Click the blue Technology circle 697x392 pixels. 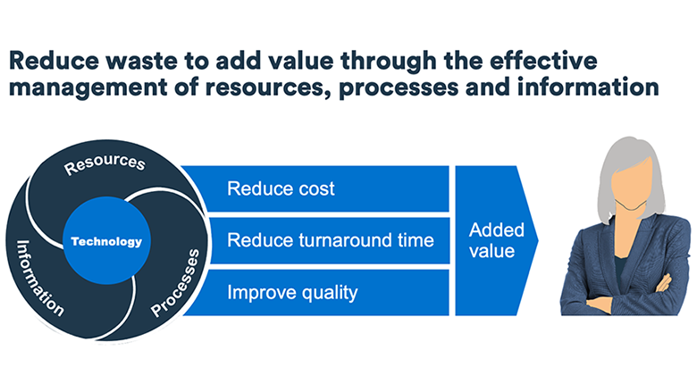click(x=106, y=240)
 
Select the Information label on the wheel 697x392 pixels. click(x=39, y=279)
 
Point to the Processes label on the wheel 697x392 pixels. click(x=175, y=283)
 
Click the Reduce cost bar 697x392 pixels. click(x=315, y=188)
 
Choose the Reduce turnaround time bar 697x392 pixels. click(x=329, y=240)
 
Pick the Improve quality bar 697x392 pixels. click(x=315, y=293)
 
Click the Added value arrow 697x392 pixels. click(x=497, y=240)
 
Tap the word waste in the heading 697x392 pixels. click(x=142, y=61)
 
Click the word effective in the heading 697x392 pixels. click(x=543, y=61)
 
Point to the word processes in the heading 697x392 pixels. click(x=399, y=88)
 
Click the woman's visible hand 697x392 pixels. click(x=664, y=284)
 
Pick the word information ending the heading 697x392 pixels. click(x=588, y=87)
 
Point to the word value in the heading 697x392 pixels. click(x=301, y=61)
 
